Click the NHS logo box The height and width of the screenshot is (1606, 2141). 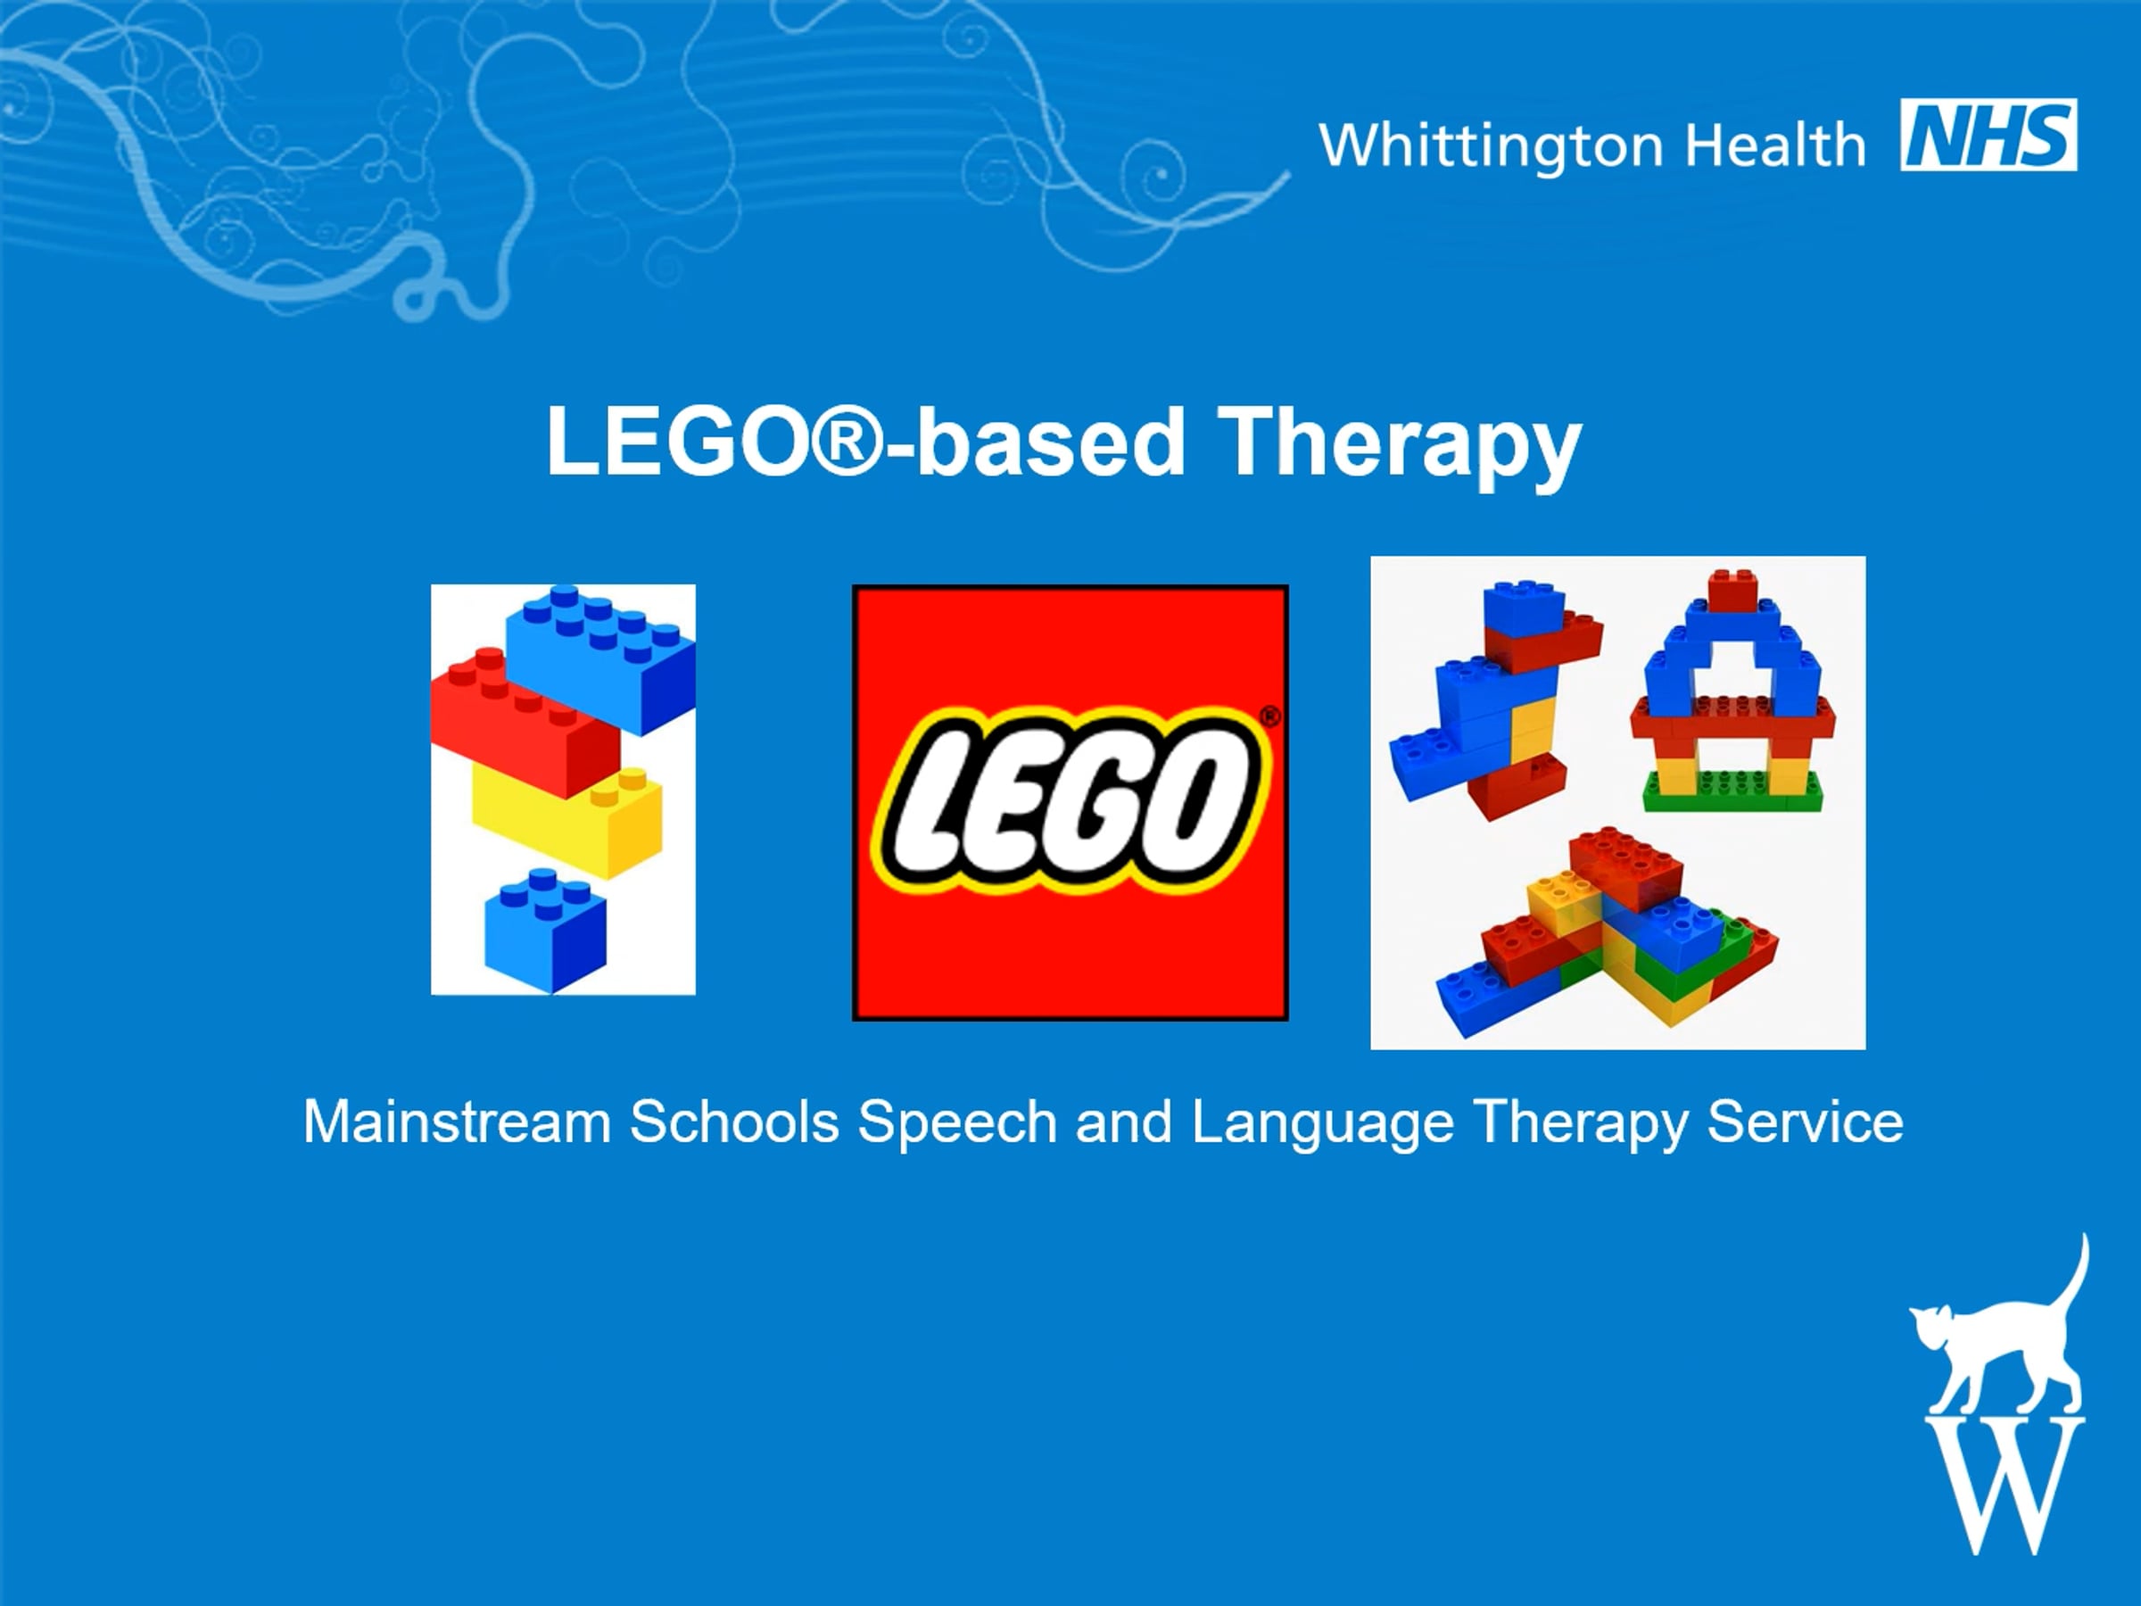(x=1988, y=135)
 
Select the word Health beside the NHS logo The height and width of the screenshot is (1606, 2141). (x=1775, y=145)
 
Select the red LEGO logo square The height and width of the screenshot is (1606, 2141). (x=1070, y=802)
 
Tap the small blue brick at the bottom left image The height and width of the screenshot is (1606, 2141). (x=545, y=931)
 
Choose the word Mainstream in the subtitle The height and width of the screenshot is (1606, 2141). (x=457, y=1122)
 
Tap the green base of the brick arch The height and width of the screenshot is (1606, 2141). (x=1732, y=791)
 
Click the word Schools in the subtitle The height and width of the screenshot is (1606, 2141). (x=735, y=1122)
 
